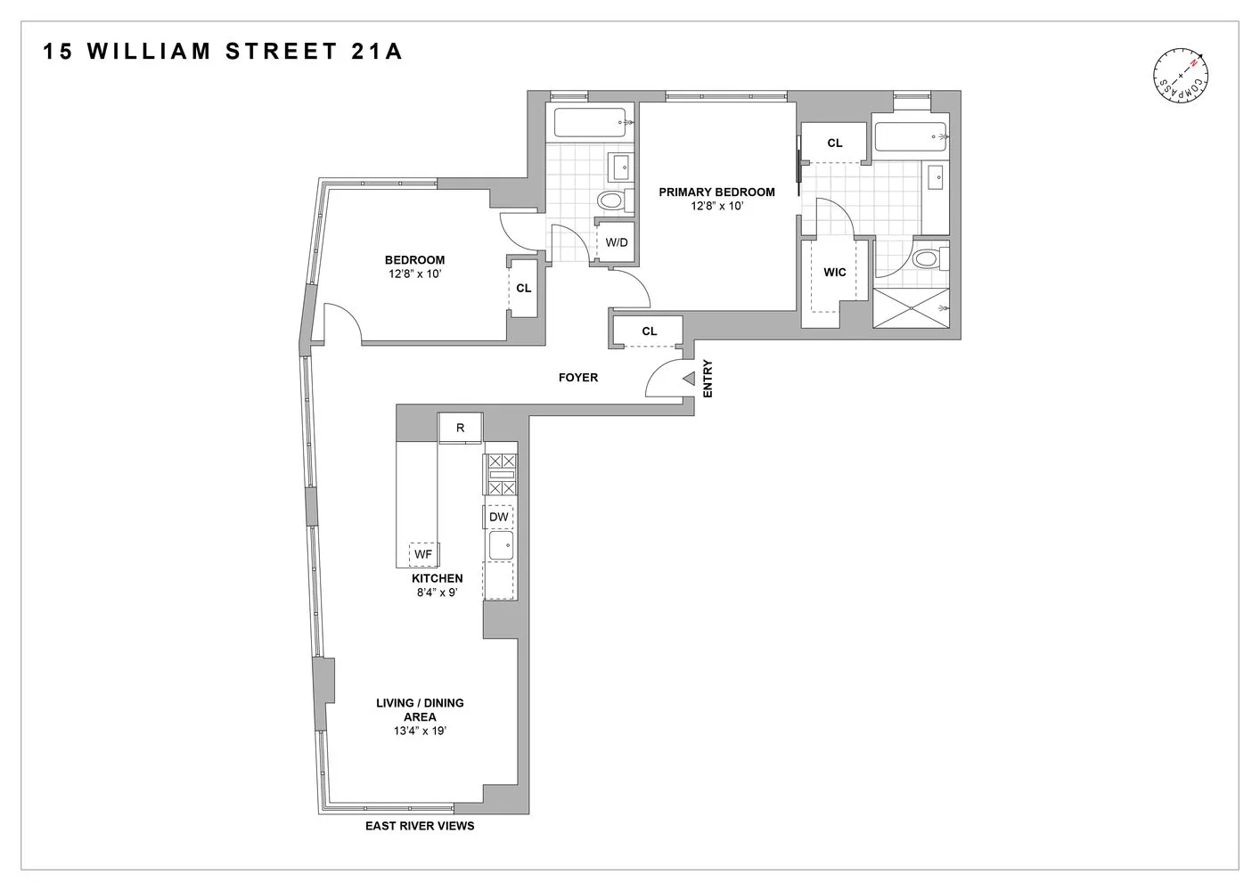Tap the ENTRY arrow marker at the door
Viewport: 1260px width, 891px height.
688,379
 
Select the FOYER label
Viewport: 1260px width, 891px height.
578,378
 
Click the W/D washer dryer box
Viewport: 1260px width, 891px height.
616,242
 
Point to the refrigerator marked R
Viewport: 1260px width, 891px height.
461,428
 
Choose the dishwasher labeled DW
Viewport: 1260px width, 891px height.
499,517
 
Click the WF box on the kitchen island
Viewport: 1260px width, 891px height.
423,554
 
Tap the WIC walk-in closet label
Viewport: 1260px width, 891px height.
835,272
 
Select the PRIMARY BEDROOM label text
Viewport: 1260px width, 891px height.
716,192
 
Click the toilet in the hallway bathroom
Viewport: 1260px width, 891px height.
611,200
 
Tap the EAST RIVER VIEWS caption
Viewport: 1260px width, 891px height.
420,826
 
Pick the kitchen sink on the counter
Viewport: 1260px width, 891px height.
501,545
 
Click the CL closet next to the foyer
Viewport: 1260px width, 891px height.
649,331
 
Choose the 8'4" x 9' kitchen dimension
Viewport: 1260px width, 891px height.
436,593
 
